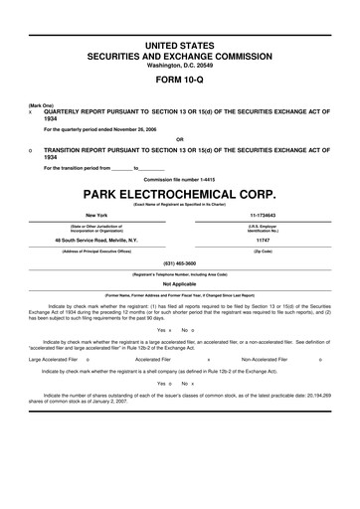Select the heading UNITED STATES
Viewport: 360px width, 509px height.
(180, 47)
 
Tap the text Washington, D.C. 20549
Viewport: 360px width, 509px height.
(180, 68)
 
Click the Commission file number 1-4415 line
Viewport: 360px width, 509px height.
(180, 178)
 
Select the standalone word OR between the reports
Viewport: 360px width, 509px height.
(180, 138)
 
